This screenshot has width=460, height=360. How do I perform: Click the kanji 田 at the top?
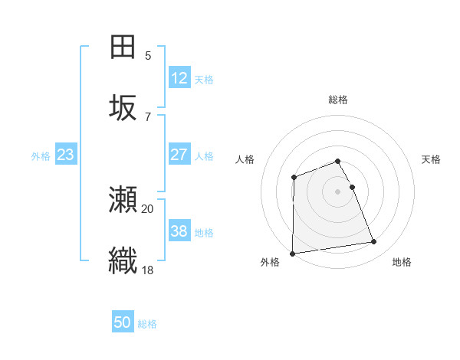tap(123, 47)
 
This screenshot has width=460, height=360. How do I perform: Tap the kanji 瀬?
tap(123, 200)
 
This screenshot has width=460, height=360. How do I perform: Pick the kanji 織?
tap(123, 260)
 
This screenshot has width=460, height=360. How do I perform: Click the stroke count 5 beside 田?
tap(148, 56)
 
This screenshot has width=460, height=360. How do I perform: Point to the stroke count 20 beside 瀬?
tap(148, 208)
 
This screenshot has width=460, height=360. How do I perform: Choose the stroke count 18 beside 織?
tap(148, 269)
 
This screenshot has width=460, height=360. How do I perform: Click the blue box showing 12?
tap(179, 78)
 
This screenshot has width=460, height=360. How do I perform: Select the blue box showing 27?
tap(179, 155)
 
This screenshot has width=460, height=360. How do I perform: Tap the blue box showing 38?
tap(179, 231)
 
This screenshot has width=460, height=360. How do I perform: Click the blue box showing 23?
tap(66, 155)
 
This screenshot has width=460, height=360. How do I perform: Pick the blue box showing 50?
tap(123, 322)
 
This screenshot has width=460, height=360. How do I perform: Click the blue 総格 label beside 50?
tap(147, 324)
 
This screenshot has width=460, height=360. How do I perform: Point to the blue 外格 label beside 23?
tap(41, 156)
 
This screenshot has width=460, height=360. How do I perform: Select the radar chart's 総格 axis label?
tap(338, 100)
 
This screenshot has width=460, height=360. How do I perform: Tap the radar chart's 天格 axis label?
tap(432, 159)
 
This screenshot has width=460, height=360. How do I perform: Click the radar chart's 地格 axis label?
tap(402, 262)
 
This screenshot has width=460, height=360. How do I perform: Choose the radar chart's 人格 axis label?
tap(245, 159)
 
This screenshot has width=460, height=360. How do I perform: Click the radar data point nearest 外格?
tap(292, 254)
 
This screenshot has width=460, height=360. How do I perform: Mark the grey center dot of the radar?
tap(338, 191)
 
